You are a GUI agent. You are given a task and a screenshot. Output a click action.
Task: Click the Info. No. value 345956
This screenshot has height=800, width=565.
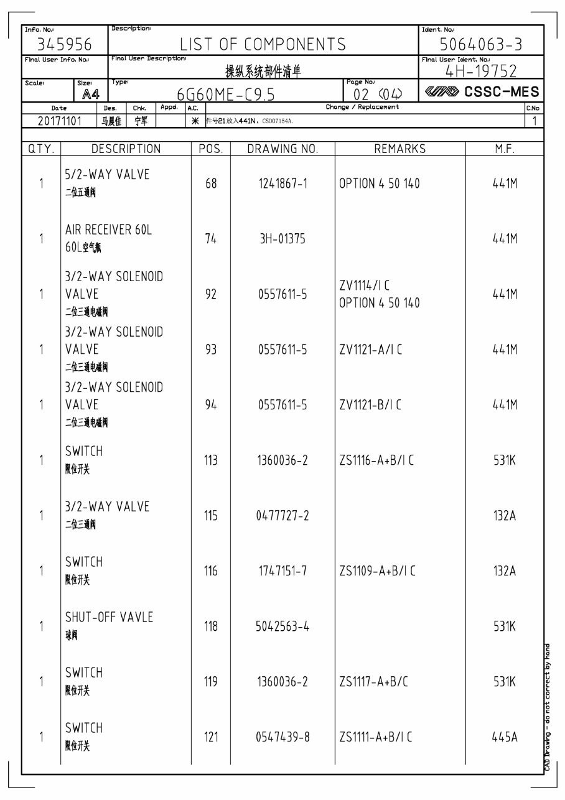[65, 45]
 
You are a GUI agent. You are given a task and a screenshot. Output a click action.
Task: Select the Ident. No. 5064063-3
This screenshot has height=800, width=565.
[481, 45]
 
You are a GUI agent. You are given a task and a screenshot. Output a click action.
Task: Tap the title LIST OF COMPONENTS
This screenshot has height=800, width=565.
[263, 44]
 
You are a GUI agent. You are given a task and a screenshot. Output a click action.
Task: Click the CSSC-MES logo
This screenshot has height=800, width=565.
[481, 93]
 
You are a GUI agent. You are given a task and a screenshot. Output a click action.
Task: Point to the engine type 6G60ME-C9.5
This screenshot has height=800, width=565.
[225, 95]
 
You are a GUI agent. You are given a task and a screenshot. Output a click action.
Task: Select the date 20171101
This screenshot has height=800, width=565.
[59, 121]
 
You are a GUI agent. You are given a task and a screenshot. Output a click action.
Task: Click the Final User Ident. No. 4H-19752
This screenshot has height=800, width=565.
[481, 71]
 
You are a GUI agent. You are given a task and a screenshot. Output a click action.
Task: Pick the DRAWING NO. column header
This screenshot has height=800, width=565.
[282, 149]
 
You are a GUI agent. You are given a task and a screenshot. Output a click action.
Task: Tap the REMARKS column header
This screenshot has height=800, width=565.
[399, 149]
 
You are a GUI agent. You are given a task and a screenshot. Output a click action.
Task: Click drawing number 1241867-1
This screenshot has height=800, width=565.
[282, 184]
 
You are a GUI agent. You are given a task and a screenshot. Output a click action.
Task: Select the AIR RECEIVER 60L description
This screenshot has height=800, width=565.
[108, 230]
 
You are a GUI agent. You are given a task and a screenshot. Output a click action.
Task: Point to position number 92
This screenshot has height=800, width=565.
[211, 294]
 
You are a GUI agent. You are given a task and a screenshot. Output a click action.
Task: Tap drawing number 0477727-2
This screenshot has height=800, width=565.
[282, 516]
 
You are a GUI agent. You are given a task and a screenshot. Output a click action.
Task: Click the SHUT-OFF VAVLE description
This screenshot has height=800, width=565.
[109, 618]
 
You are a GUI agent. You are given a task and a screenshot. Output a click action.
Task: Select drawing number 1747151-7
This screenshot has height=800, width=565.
[282, 571]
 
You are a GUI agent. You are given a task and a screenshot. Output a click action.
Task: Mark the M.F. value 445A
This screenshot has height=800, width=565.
[505, 737]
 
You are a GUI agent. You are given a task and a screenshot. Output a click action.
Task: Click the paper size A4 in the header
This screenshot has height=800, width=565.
[91, 95]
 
